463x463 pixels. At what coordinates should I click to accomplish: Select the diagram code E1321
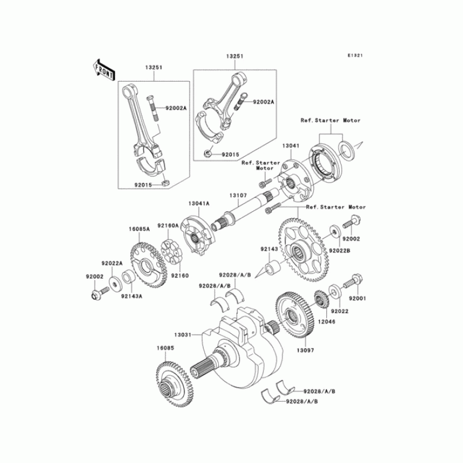355,56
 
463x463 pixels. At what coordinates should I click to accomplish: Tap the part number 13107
237,196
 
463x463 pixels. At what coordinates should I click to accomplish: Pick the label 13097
306,350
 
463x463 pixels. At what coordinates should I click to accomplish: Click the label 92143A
132,296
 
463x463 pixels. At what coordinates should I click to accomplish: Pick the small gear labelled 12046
321,302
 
